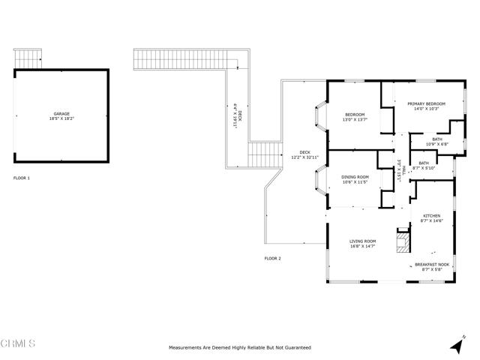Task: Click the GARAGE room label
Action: pos(61,114)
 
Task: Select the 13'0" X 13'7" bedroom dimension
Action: pos(354,119)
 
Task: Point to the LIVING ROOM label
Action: pos(361,241)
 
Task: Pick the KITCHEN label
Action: pos(430,215)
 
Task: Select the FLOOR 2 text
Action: pos(272,258)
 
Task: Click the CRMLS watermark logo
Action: pos(18,344)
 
